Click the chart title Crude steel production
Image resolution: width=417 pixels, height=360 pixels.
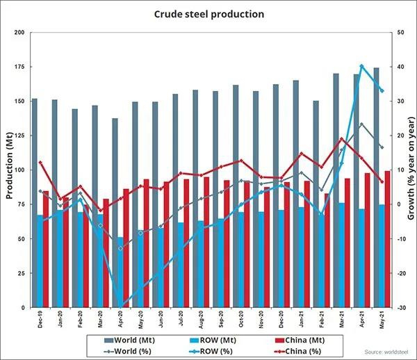[x=209, y=14]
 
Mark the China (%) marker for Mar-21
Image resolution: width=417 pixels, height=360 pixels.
[x=341, y=139]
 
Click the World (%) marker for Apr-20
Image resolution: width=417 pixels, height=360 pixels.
[x=120, y=248]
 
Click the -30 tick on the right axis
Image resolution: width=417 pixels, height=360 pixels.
[x=402, y=308]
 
